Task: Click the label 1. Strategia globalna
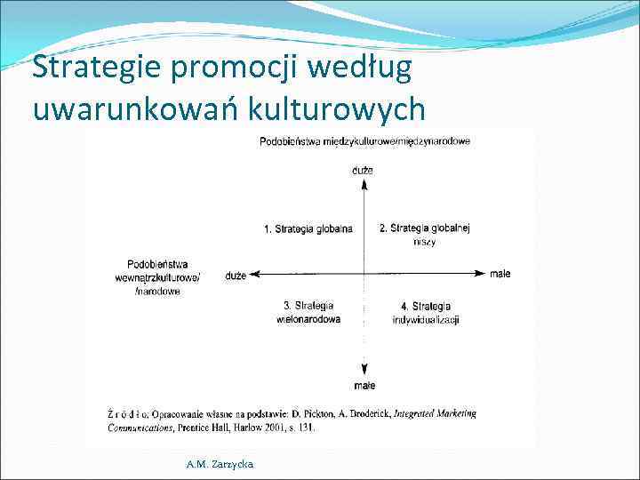point(308,229)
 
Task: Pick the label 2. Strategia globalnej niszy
point(424,235)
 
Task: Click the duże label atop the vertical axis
point(363,169)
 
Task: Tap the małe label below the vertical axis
point(364,386)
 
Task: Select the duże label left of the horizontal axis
point(236,276)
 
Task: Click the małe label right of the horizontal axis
point(500,274)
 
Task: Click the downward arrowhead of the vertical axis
point(364,372)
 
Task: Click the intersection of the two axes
point(364,274)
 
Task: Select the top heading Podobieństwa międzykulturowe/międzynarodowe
point(364,140)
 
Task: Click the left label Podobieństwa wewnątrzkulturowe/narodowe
point(164,277)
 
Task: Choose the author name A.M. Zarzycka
point(219,464)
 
